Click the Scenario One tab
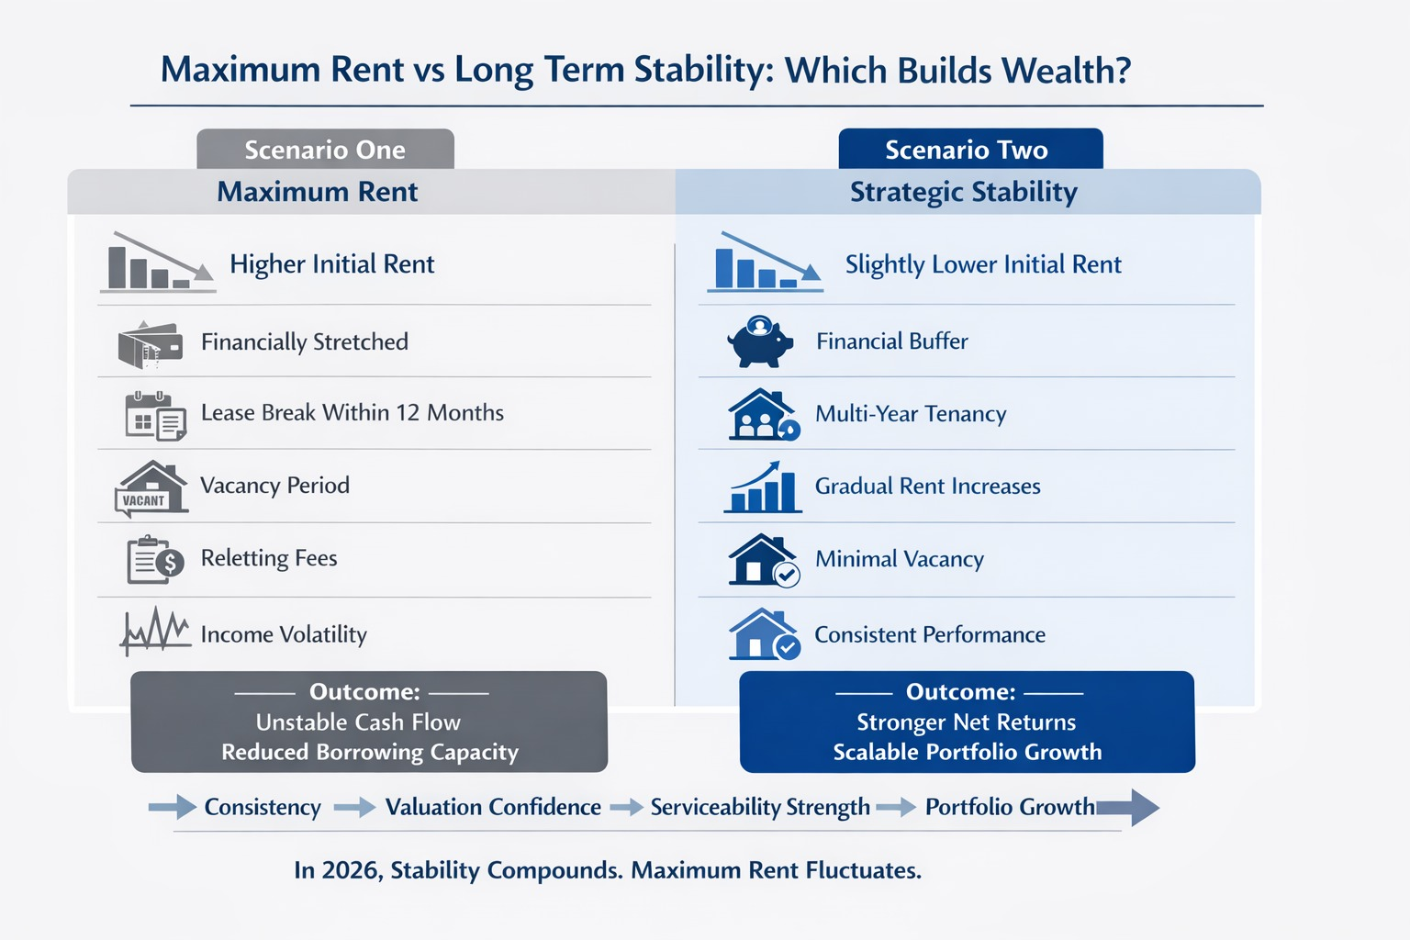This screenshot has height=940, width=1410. tap(325, 150)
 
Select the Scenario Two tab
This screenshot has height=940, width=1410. tap(969, 150)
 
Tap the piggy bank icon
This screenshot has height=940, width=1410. tap(760, 342)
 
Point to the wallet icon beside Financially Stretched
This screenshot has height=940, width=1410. tap(150, 344)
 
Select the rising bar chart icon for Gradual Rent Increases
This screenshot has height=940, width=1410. tap(762, 487)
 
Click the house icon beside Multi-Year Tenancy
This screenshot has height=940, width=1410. tap(762, 415)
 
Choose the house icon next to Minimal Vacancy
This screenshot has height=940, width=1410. tap(763, 560)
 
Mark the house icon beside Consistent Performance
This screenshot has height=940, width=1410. tap(763, 634)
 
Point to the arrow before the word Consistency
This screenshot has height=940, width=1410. tap(173, 808)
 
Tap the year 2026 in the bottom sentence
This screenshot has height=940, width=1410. tap(350, 870)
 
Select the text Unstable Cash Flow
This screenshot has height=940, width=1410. tap(358, 722)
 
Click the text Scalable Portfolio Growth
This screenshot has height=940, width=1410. tap(967, 752)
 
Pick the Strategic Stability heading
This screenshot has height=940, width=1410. tap(963, 192)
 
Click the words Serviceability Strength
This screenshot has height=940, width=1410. tap(760, 808)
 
